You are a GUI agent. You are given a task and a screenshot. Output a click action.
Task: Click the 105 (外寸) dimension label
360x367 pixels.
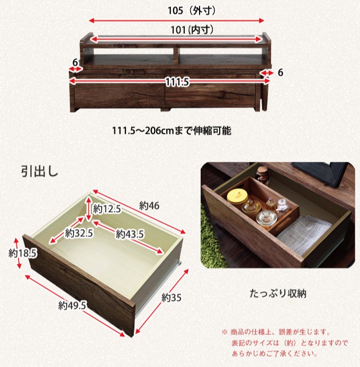coord(192,11)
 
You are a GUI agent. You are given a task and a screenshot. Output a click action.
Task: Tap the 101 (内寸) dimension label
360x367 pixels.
coord(192,30)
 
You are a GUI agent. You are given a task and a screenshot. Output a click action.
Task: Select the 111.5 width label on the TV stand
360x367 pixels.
coord(177,82)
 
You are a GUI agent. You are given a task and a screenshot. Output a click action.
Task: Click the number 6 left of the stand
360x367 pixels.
coord(75,62)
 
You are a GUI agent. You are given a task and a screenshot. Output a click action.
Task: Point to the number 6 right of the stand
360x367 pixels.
coord(280,72)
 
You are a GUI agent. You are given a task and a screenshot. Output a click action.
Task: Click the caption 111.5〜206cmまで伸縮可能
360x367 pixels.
coord(172,131)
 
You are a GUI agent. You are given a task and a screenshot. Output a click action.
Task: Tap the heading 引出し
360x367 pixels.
coord(40,171)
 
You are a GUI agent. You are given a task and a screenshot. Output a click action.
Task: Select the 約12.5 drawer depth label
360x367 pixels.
coord(107,208)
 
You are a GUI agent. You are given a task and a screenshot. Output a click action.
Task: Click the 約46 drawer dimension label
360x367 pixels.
coord(149,206)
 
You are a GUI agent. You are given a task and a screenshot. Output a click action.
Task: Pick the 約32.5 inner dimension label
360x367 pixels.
coord(79,233)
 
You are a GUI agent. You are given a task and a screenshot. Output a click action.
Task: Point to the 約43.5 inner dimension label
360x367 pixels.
coord(130,234)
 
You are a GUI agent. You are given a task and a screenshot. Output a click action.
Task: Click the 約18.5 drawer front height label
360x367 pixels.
coord(22,253)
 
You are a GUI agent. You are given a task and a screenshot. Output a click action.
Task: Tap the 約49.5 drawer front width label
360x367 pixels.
coord(72,306)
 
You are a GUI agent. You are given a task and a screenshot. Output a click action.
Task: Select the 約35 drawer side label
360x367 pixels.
coord(172,298)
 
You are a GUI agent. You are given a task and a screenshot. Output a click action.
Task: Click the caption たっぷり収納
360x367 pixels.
coord(278,293)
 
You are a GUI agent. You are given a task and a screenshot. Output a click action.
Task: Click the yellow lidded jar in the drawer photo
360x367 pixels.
coord(237,197)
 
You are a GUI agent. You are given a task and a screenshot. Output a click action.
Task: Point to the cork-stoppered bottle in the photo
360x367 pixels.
coord(262,175)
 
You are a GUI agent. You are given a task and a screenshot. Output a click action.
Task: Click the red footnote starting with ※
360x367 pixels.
coord(284,343)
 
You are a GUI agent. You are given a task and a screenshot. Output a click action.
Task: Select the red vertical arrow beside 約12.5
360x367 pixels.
coord(88,209)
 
